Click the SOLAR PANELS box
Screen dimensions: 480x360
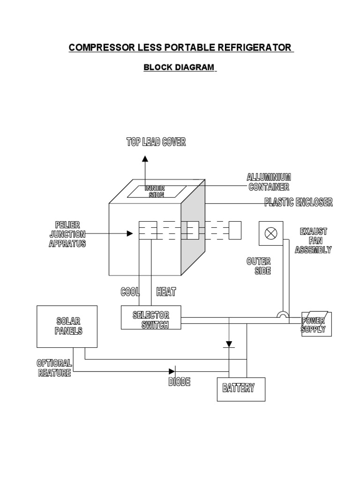point(67,326)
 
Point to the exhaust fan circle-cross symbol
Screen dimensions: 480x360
point(270,233)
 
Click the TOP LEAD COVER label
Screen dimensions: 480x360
point(156,142)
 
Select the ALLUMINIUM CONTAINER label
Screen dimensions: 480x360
point(269,182)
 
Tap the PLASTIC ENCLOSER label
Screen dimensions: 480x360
point(298,202)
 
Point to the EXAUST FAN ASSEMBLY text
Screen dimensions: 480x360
point(313,241)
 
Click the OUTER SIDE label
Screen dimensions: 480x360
point(262,266)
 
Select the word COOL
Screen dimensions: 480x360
point(130,292)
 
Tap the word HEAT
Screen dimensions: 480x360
point(166,292)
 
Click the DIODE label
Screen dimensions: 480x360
point(179,382)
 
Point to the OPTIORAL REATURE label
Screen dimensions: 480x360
point(54,368)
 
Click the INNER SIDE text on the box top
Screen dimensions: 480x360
point(156,191)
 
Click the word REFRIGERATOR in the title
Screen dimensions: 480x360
point(254,48)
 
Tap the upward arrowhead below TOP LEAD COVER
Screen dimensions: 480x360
point(145,159)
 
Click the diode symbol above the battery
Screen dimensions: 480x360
point(229,345)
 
